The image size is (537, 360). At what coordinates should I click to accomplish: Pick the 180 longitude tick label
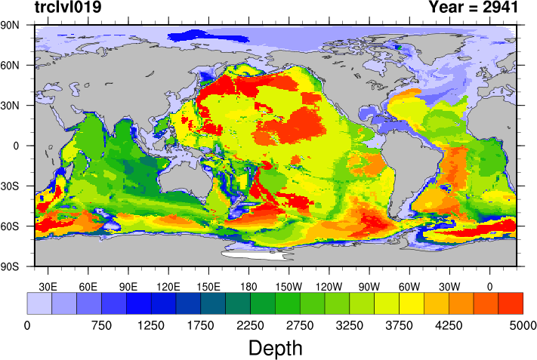point(248,286)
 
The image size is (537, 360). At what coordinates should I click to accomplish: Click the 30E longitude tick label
point(48,286)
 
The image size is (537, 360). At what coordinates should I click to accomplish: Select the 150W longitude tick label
point(289,286)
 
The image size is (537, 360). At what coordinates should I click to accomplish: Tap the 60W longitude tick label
point(409,286)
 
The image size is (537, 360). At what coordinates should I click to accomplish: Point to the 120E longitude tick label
point(168,286)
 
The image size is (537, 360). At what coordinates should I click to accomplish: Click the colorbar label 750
point(101,325)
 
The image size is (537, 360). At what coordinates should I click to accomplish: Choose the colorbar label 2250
point(250,325)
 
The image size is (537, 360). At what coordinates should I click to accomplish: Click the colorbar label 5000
point(523,325)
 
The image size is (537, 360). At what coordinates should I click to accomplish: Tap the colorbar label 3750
point(399,325)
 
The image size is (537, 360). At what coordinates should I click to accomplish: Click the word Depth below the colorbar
point(276,348)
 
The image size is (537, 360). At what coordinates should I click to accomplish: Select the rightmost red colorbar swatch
point(511,303)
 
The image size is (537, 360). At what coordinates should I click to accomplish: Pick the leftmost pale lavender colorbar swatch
point(39,303)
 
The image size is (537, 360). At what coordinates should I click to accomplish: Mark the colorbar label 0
point(27,325)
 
